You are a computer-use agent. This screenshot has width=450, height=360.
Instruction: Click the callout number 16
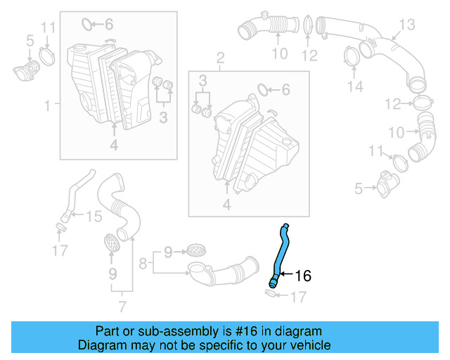click(x=302, y=276)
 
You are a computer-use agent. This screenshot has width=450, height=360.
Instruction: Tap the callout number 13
click(x=408, y=25)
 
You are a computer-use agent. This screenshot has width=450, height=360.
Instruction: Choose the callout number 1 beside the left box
click(x=47, y=105)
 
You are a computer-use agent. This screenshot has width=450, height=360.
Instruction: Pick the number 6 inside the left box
click(x=108, y=25)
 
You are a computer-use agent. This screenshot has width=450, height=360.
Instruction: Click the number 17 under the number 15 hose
click(x=60, y=250)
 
